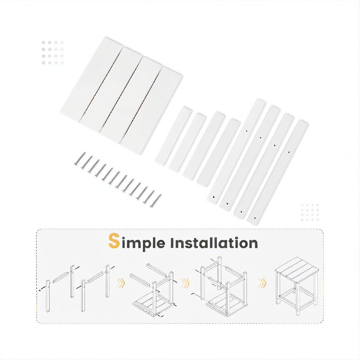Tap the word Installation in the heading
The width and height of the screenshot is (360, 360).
tap(214, 243)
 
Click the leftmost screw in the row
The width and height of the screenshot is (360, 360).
tap(80, 158)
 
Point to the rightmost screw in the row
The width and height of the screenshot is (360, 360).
tap(156, 201)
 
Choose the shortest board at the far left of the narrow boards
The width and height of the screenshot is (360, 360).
tap(174, 135)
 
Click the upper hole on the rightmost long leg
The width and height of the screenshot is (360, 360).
tap(289, 152)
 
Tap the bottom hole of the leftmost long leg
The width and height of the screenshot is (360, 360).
tap(214, 197)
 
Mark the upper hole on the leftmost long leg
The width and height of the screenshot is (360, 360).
tap(246, 131)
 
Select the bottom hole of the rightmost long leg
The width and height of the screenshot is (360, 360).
tap(255, 218)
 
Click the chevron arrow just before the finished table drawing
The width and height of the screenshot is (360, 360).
tap(262, 283)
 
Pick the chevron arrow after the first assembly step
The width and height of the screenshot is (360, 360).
tap(121, 283)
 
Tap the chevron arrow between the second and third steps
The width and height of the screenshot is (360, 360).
tap(185, 283)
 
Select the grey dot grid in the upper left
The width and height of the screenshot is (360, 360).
tap(53, 53)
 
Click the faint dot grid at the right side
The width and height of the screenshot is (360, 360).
tap(310, 212)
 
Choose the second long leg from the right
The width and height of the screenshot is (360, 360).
tap(264, 165)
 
